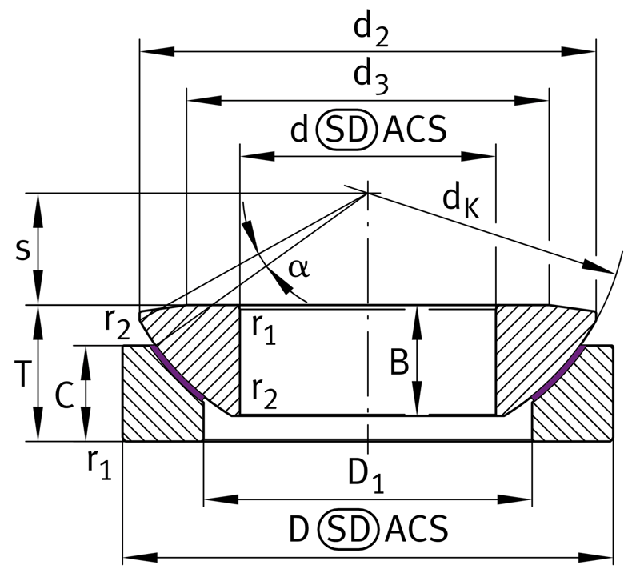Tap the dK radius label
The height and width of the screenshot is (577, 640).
pos(461,202)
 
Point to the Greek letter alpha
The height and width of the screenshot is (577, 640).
pos(298,269)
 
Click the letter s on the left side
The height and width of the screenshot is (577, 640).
pos(23,250)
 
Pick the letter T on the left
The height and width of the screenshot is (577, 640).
pos(22,373)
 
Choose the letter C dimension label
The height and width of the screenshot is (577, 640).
pos(64,395)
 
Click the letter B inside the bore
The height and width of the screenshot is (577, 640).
pos(399,362)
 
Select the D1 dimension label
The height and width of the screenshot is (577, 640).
pos(366,476)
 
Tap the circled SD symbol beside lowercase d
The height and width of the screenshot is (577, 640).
pos(346,130)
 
